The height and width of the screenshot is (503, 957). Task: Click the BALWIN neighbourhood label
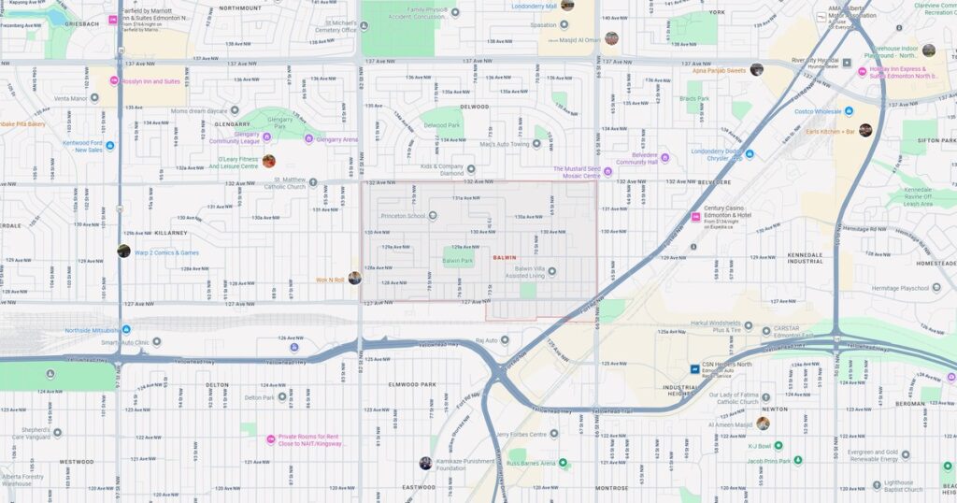pyautogui.click(x=504, y=256)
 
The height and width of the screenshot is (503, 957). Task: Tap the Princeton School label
pyautogui.click(x=403, y=216)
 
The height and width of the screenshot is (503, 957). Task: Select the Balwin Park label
pyautogui.click(x=458, y=261)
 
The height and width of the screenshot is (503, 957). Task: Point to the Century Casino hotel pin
pyautogui.click(x=695, y=217)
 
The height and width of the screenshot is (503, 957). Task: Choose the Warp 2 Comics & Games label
pyautogui.click(x=166, y=251)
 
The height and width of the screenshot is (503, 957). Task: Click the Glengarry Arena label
pyautogui.click(x=337, y=139)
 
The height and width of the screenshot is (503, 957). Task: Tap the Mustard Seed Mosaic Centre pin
pyautogui.click(x=607, y=171)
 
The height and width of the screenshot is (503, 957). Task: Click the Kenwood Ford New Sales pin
pyautogui.click(x=111, y=146)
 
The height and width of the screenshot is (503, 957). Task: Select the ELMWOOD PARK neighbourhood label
pyautogui.click(x=413, y=384)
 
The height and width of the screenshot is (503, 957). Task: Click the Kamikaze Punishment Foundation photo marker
pyautogui.click(x=425, y=463)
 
